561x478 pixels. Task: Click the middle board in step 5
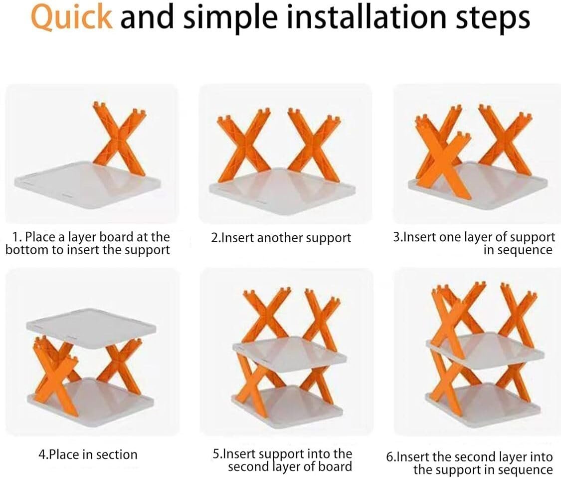click(x=289, y=353)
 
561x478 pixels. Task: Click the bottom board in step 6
click(x=484, y=400)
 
